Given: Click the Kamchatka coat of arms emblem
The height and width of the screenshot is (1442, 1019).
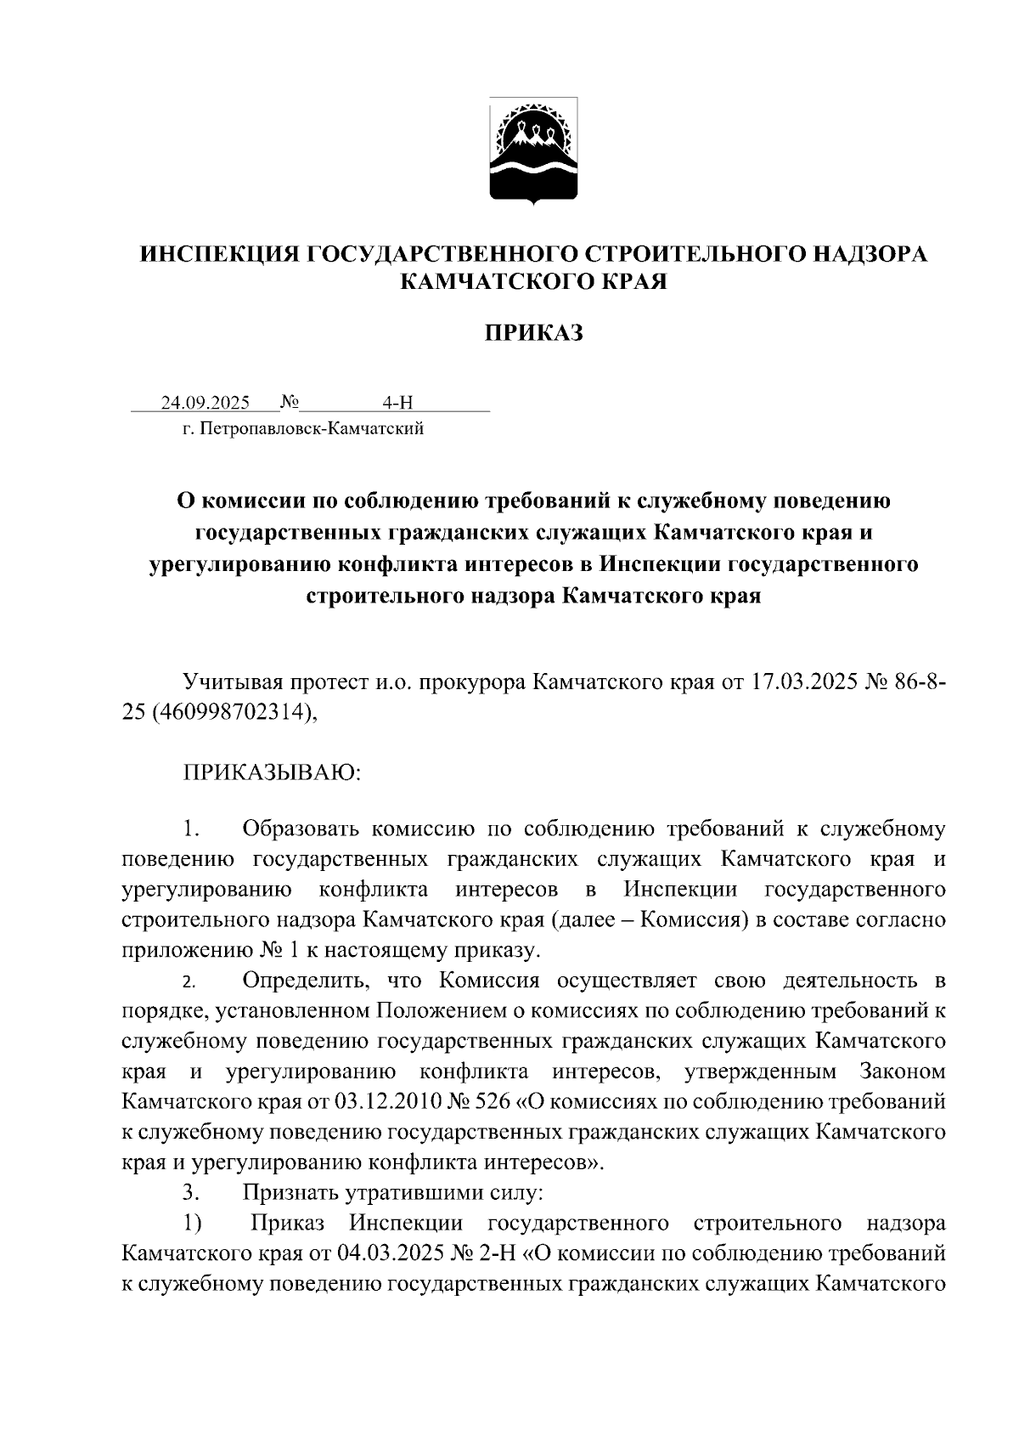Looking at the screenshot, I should click(533, 151).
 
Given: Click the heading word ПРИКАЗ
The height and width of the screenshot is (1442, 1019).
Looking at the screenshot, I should click(533, 333).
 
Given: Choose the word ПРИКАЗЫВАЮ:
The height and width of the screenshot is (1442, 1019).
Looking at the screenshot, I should click(273, 772).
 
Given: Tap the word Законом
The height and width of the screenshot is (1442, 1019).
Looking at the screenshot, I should click(903, 1071).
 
